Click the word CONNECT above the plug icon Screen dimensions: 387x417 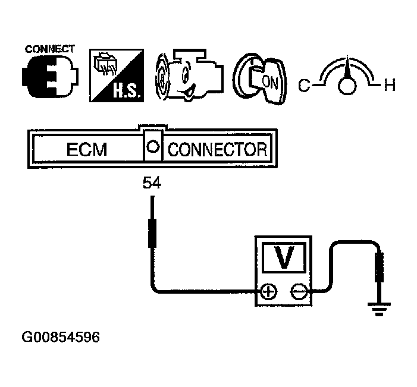tap(49, 49)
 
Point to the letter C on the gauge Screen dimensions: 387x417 tap(304, 86)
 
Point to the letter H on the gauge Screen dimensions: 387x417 tap(389, 86)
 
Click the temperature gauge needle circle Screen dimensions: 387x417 tap(346, 87)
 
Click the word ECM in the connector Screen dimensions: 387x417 tap(87, 149)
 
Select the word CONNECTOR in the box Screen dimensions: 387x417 tap(217, 149)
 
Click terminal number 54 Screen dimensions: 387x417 tap(152, 184)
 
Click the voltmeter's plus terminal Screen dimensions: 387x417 tap(269, 291)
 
